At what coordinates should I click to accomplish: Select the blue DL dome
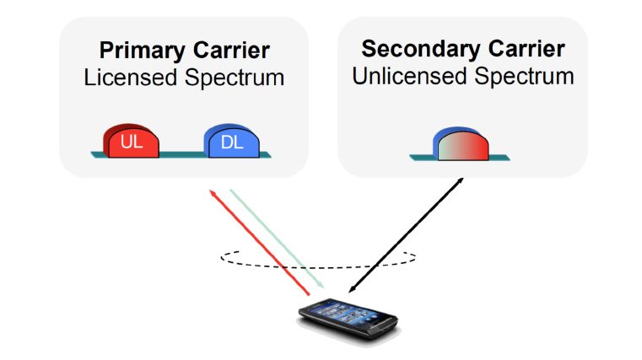232,142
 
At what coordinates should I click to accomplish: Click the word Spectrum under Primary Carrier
232,78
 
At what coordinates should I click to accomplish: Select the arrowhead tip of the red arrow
212,192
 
